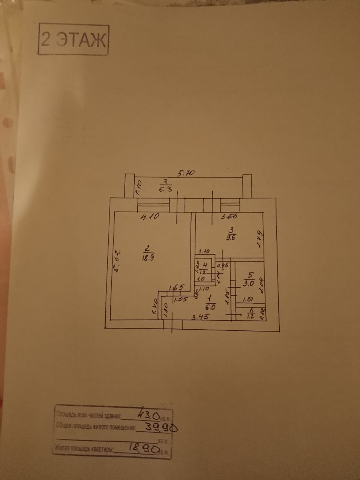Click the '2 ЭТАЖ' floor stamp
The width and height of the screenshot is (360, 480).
tap(73, 40)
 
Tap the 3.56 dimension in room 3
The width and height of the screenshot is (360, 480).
tap(228, 216)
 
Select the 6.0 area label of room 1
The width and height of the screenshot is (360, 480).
tap(210, 306)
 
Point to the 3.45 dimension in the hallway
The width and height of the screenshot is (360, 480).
tap(200, 317)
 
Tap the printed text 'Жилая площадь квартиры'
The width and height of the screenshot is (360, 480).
tap(84, 448)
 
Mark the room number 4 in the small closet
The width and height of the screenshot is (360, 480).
tap(204, 265)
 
